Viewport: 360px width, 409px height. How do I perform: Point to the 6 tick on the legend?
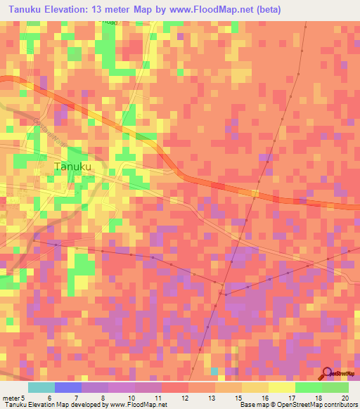tap(49, 397)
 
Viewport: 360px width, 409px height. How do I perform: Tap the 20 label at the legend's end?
tap(345, 397)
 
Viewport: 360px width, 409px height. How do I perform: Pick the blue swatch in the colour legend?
tap(68, 387)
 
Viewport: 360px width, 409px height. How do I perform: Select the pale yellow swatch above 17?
tap(282, 387)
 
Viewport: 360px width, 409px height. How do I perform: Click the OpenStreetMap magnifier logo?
tap(328, 374)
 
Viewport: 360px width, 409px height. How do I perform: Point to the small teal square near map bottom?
tap(214, 370)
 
